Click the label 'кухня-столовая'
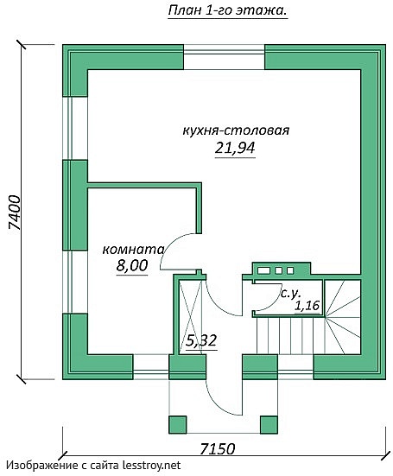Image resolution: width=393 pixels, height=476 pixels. click(235, 131)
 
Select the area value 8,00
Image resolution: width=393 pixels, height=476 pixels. click(131, 267)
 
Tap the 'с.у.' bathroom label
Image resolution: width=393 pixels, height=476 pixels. click(290, 294)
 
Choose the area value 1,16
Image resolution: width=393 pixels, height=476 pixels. click(307, 306)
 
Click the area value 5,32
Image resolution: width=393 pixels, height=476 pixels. click(200, 340)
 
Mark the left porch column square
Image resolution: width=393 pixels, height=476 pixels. click(177, 424)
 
